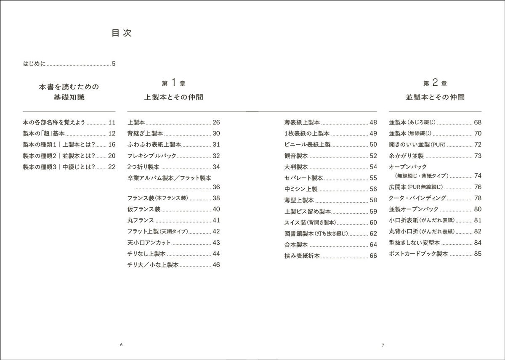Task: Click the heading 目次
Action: coord(122,33)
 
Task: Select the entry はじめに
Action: coord(35,64)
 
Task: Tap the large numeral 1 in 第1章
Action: coord(174,82)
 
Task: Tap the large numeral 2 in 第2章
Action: coord(436,82)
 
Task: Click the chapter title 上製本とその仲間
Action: coord(174,97)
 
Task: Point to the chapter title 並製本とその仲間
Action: coord(435,97)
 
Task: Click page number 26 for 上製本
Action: coord(216,123)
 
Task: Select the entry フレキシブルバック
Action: coord(151,156)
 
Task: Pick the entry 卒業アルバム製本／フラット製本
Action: coord(169,178)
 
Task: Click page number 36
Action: coord(216,187)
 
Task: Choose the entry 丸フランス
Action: coord(141,220)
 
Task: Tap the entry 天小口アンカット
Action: coord(149,243)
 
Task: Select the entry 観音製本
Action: coord(296,156)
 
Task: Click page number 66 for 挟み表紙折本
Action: coord(373,256)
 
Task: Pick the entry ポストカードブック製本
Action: coord(418,254)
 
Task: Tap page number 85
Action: coord(478,254)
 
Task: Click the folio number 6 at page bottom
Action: coord(121,345)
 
